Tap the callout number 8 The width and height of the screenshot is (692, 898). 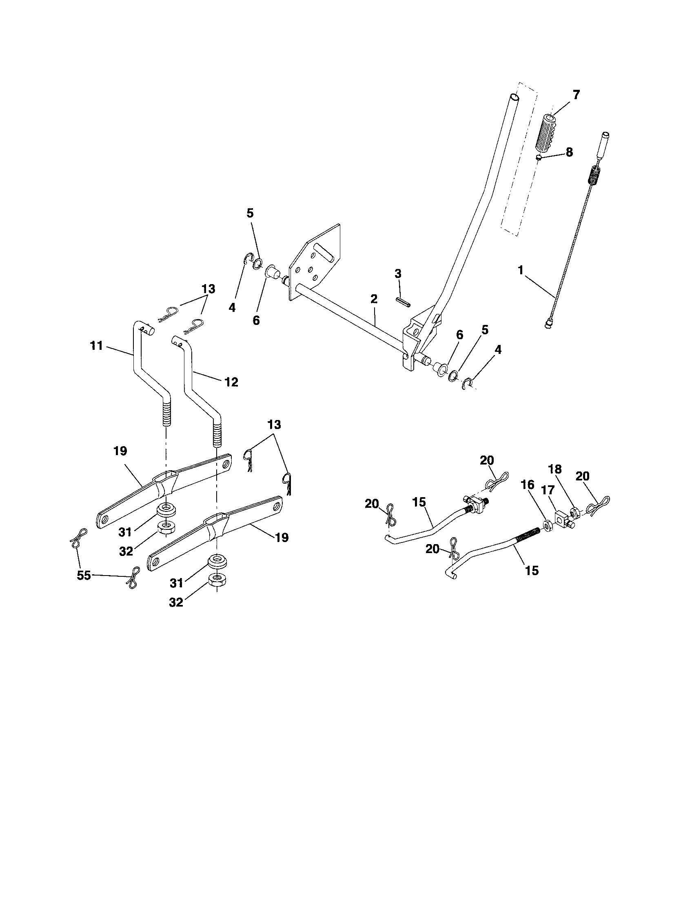569,153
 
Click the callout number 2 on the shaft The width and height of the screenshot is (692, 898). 373,299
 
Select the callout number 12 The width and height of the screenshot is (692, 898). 231,382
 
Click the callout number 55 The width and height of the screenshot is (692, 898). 84,576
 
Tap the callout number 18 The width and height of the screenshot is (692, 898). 555,469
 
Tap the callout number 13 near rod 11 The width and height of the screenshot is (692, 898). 208,289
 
